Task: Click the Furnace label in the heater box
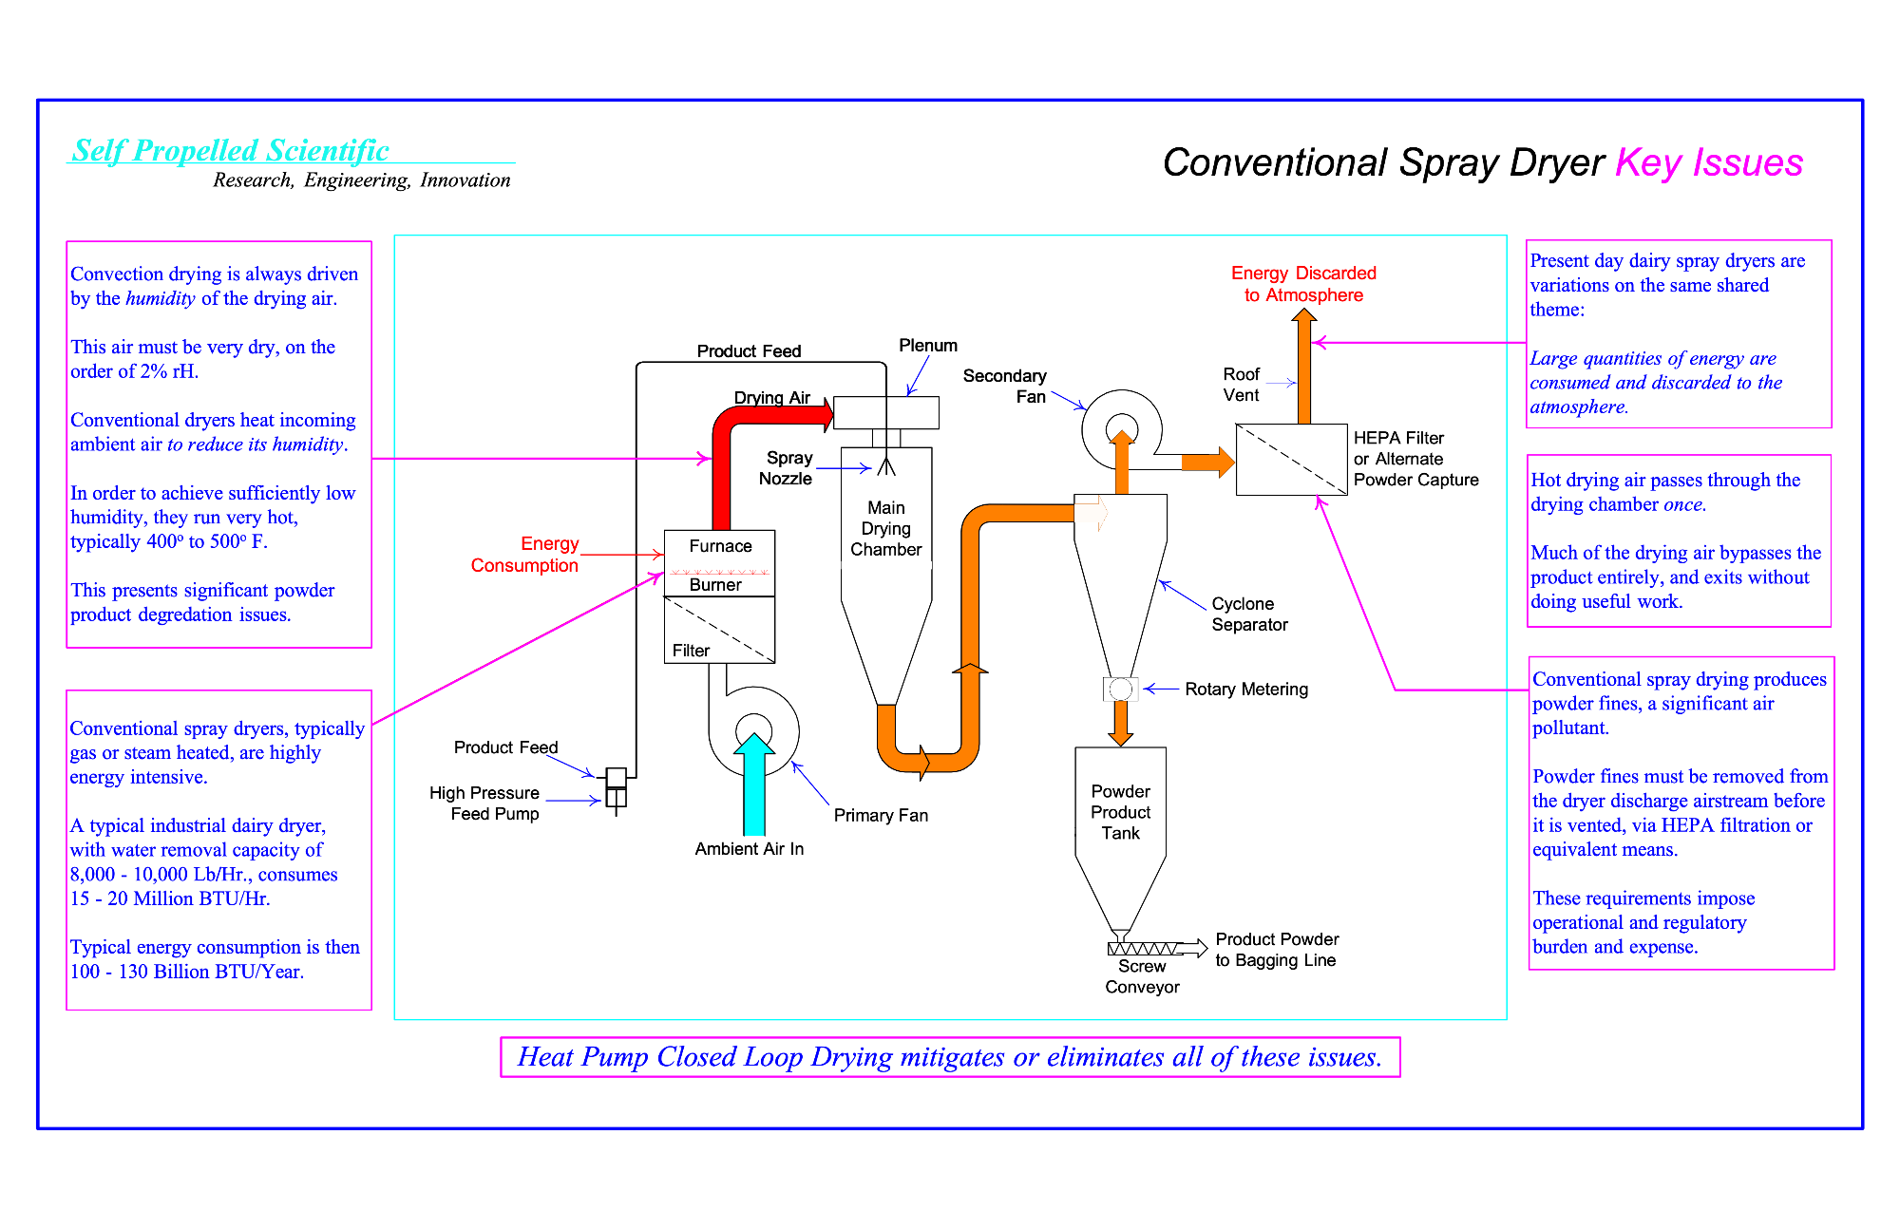point(720,546)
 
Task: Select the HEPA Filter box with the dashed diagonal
point(1291,460)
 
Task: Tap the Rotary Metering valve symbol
point(1121,689)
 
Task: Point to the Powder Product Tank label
point(1121,812)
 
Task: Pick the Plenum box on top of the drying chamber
point(886,413)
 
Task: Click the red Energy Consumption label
point(525,555)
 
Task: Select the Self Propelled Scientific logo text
point(231,151)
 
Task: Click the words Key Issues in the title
point(1709,162)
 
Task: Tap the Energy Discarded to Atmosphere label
point(1303,284)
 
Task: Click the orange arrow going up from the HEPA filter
point(1304,366)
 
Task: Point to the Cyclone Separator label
point(1249,614)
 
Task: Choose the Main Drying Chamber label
point(886,529)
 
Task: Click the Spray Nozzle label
point(787,468)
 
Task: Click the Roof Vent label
point(1242,385)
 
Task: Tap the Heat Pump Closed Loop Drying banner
point(950,1057)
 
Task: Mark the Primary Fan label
point(881,816)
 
